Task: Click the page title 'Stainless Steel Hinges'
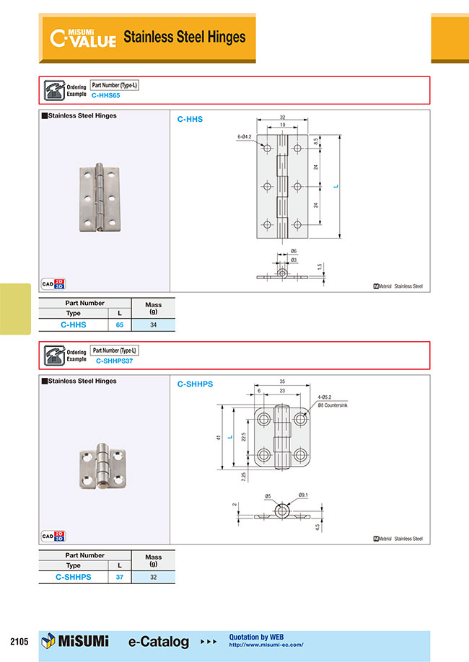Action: click(185, 37)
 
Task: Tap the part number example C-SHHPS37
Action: click(114, 360)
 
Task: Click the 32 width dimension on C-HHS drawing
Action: click(282, 118)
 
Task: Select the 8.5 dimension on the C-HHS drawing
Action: click(315, 142)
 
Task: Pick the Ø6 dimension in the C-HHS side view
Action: click(294, 250)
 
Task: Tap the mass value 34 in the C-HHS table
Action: click(153, 325)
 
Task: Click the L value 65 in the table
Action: click(119, 325)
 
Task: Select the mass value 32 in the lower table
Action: click(153, 578)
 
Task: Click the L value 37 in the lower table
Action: click(119, 578)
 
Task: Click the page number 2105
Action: click(19, 641)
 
